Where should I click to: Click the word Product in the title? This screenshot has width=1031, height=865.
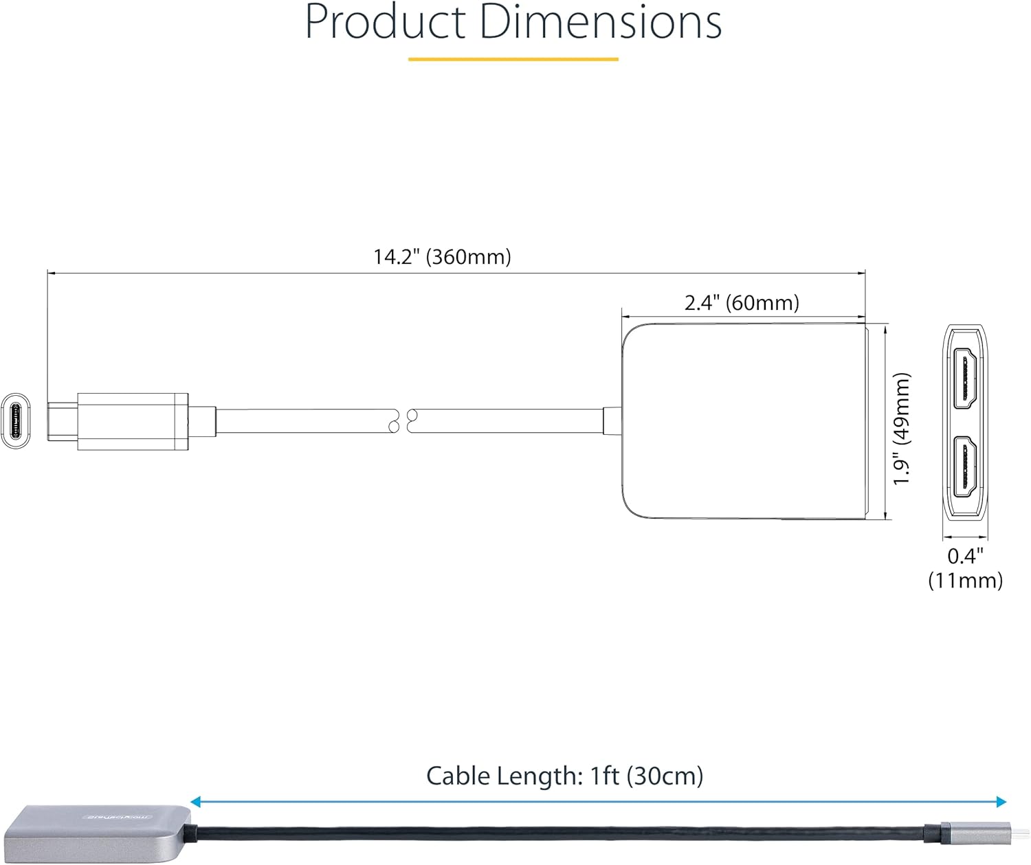pyautogui.click(x=385, y=22)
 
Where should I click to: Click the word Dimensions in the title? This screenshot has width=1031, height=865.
pyautogui.click(x=600, y=22)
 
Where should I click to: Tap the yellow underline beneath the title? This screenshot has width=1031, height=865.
pyautogui.click(x=513, y=59)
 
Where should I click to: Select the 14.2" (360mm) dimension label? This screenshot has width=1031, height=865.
pyautogui.click(x=442, y=257)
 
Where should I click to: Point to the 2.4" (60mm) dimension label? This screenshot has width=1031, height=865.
pyautogui.click(x=742, y=302)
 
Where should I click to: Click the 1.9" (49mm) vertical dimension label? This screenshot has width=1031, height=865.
pyautogui.click(x=901, y=429)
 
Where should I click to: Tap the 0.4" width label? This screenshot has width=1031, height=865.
pyautogui.click(x=965, y=555)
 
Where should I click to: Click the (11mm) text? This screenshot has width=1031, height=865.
pyautogui.click(x=965, y=581)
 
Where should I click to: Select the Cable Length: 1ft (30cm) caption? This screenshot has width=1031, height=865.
pyautogui.click(x=564, y=776)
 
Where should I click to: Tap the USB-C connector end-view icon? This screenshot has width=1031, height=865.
pyautogui.click(x=15, y=421)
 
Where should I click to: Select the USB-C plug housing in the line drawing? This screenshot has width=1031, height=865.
pyautogui.click(x=133, y=421)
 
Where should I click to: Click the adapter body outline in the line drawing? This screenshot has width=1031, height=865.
pyautogui.click(x=742, y=420)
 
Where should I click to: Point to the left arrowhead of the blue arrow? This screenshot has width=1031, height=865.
pyautogui.click(x=195, y=802)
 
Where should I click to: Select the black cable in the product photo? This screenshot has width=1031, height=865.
pyautogui.click(x=550, y=833)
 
